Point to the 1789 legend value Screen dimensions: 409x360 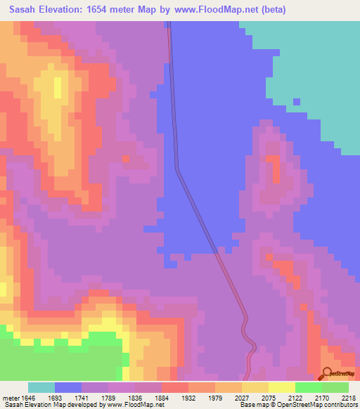(121, 398)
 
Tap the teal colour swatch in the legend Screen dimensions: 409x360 (41, 387)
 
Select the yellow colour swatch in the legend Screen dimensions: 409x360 (281, 387)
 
